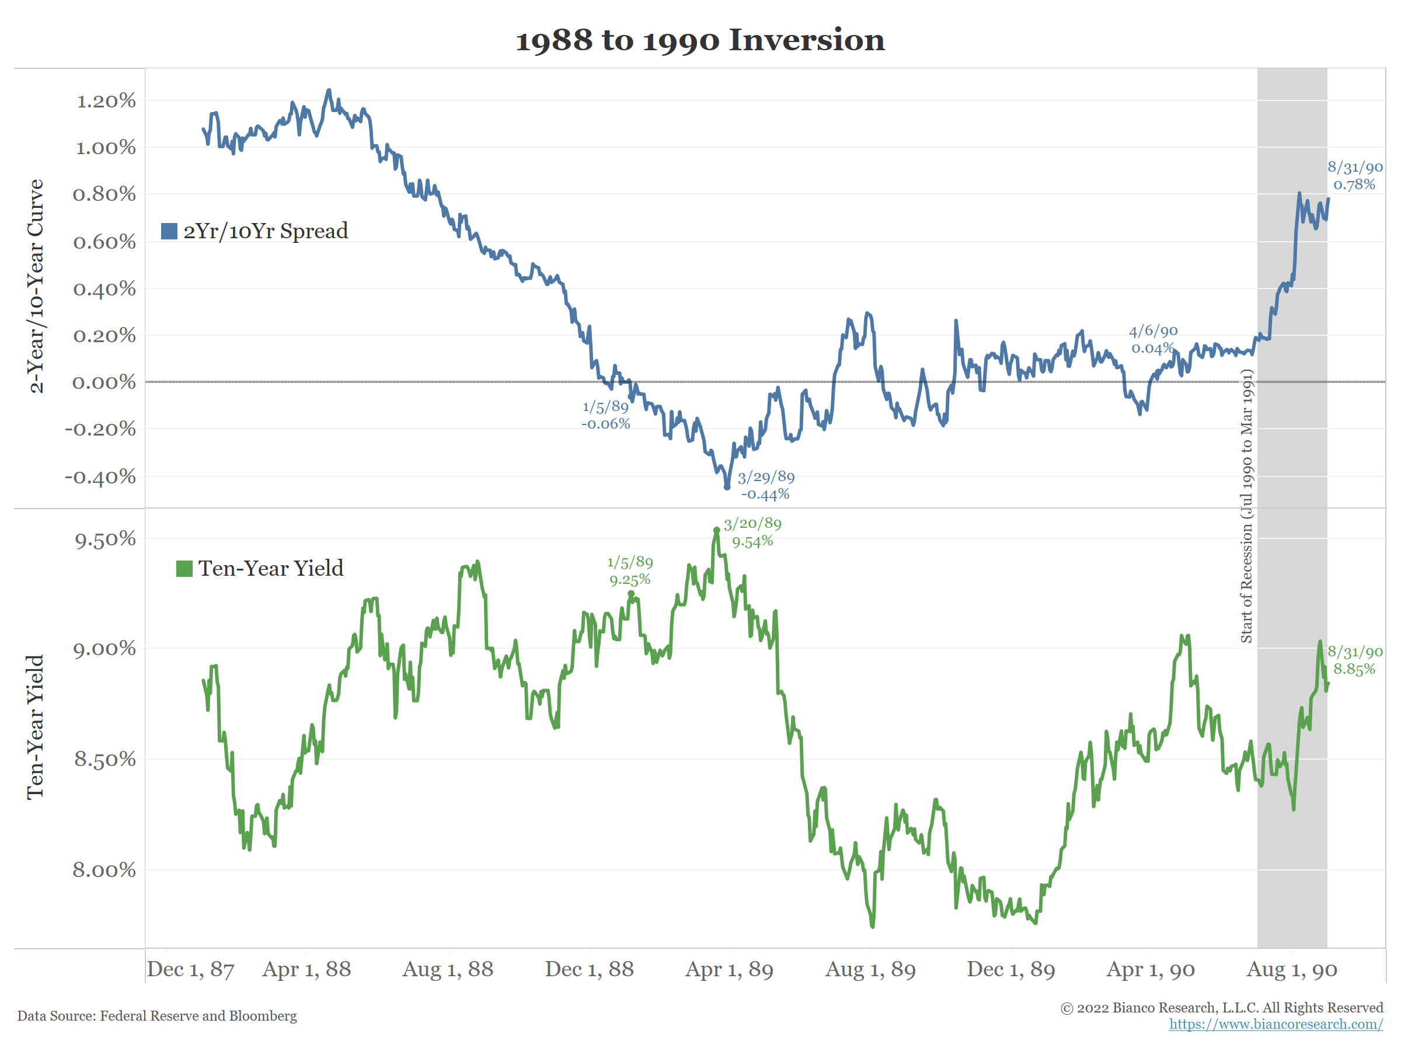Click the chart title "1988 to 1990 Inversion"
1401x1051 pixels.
coord(700,40)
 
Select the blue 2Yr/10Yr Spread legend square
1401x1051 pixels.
coord(169,231)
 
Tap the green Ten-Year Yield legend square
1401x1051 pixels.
coord(184,569)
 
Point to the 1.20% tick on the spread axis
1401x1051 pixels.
coord(106,101)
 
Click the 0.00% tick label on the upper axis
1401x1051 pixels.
coord(104,382)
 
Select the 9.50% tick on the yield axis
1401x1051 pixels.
coord(105,539)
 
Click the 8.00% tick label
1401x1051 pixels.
coord(104,870)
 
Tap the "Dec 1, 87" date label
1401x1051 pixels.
coord(191,969)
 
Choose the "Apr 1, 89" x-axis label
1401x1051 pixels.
coord(729,969)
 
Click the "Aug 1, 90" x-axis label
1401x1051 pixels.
coord(1291,969)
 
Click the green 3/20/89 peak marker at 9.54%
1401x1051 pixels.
coord(716,530)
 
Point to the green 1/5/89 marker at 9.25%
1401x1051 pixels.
coord(631,594)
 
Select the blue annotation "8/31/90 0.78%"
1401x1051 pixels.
coord(1355,176)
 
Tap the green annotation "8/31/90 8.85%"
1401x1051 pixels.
coord(1355,660)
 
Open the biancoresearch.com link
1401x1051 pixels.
coord(1275,1024)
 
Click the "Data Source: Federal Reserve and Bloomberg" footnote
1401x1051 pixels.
coord(157,1016)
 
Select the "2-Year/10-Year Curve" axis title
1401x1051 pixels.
coord(36,286)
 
